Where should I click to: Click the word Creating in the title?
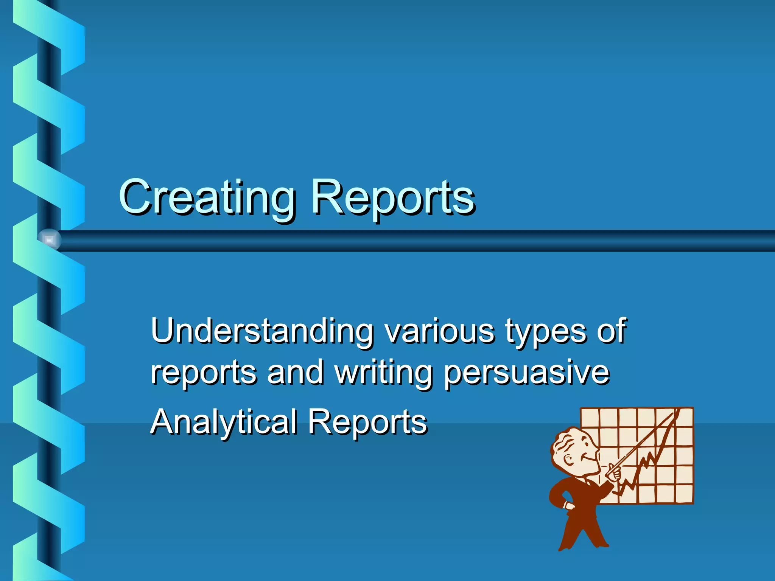(207, 197)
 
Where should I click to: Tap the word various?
(439, 331)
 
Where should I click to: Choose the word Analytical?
(224, 422)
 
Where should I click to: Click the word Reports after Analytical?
(367, 422)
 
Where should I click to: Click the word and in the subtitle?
(295, 373)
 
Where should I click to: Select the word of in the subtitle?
(611, 330)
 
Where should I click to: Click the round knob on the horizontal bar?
(49, 239)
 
